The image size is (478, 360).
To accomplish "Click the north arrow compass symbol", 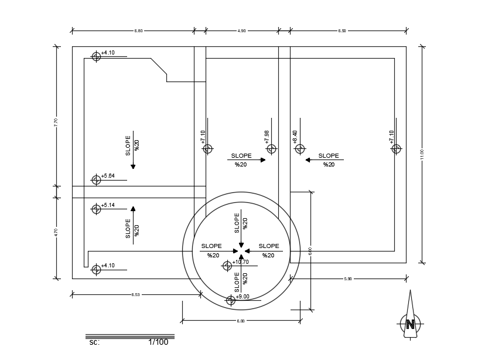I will (x=411, y=321).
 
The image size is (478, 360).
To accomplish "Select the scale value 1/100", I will (x=158, y=342).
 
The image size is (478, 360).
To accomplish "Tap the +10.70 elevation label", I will (x=241, y=262).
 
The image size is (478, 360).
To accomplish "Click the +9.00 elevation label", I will (x=243, y=297).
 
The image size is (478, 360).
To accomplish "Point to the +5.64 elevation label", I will (x=108, y=176).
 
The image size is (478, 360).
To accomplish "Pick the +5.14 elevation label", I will (x=108, y=205).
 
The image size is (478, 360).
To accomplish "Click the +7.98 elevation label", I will (x=267, y=137).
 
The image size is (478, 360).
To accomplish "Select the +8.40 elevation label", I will (x=295, y=137).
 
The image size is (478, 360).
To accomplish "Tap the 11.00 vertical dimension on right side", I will (x=422, y=154).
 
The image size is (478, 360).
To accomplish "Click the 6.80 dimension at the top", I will (x=138, y=30).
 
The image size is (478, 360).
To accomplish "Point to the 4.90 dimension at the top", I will (x=241, y=30).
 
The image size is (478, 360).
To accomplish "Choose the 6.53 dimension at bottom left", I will (x=135, y=294).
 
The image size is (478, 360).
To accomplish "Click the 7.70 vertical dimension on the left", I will (x=56, y=122).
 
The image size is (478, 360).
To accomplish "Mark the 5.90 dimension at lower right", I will (x=348, y=279).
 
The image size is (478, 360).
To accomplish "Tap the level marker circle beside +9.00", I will (x=231, y=300).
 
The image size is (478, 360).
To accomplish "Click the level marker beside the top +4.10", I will (x=96, y=56).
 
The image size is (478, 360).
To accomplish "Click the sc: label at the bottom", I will (x=94, y=342).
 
